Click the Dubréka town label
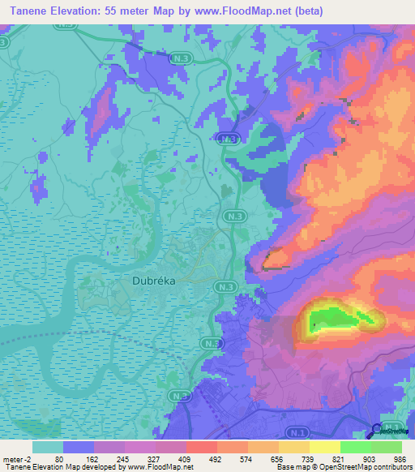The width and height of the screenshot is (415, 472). pos(154,281)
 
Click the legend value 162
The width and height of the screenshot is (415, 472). pos(92,459)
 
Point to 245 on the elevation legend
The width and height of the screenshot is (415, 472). pos(123,459)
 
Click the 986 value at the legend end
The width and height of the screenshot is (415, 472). pos(397,459)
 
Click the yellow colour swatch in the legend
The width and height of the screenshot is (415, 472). pos(325,447)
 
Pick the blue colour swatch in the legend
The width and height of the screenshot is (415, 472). pos(78,447)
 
